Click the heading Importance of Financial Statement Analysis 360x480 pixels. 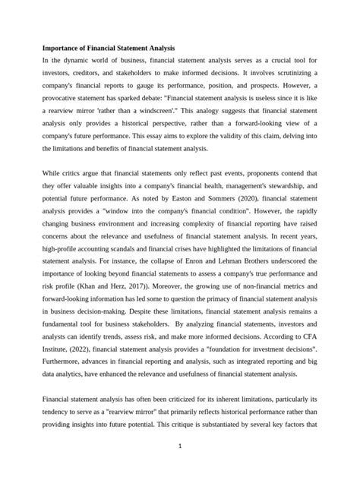click(108, 48)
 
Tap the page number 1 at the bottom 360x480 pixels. click(179, 446)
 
